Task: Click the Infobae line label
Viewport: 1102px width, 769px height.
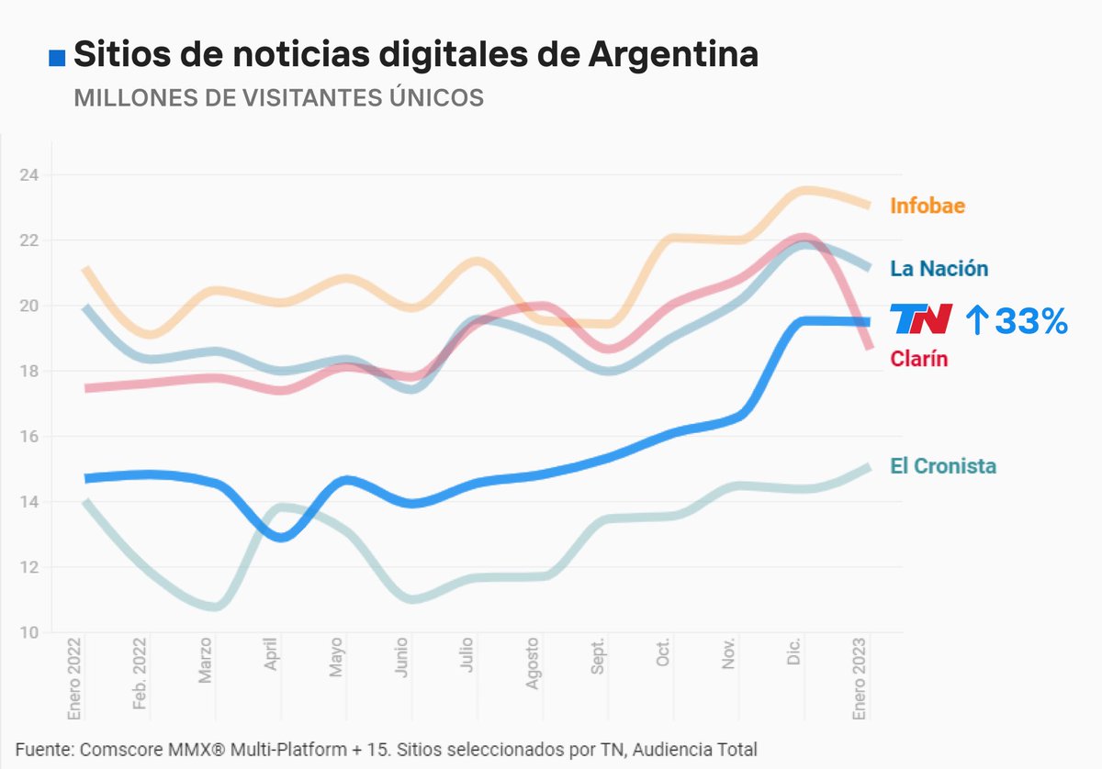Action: coord(928,206)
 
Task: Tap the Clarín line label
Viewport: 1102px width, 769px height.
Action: coord(918,359)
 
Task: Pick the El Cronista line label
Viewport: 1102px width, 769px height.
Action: coord(943,466)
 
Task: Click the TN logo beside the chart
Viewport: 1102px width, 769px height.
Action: coord(921,319)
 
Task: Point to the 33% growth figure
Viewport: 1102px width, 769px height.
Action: coord(1016,320)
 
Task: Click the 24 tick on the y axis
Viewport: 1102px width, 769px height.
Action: coord(29,174)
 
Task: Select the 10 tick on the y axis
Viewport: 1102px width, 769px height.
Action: coord(29,632)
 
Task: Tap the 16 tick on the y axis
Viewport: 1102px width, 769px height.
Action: coord(29,437)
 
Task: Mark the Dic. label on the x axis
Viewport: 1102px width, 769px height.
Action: coord(794,654)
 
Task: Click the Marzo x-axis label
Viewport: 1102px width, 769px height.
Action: coord(206,663)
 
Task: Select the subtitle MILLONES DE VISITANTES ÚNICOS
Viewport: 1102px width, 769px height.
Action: coord(278,98)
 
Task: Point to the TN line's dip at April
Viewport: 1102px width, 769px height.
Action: coord(280,537)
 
